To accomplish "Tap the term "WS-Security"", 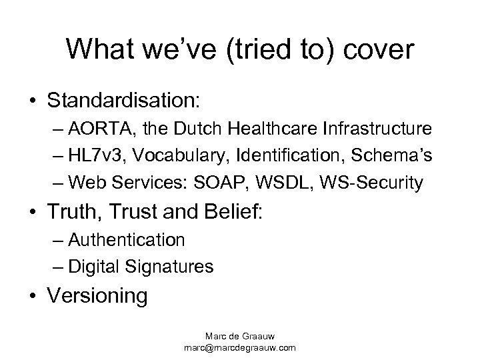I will point(379,181).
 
